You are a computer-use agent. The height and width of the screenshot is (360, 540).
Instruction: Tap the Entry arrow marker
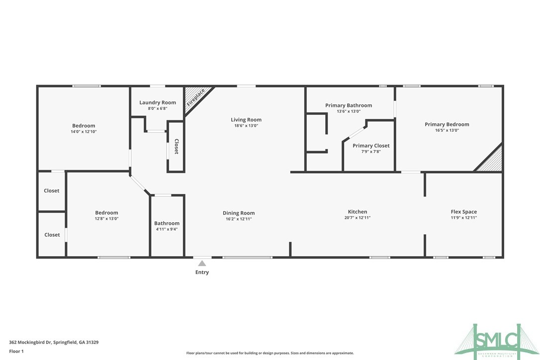click(202, 264)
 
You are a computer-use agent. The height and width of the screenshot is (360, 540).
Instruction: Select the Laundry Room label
click(158, 102)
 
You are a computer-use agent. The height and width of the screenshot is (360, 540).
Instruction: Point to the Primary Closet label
click(371, 146)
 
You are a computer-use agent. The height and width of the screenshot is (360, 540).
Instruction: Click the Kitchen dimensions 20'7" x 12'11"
click(357, 218)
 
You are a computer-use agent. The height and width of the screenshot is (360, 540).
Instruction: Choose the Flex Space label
click(463, 212)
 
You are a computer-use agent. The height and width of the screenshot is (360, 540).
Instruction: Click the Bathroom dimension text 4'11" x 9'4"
click(167, 229)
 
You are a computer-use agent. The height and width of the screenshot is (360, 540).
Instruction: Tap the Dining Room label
click(239, 213)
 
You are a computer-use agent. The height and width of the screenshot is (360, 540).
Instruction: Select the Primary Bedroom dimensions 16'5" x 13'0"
click(447, 130)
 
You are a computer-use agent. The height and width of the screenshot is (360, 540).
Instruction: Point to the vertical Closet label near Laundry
click(176, 147)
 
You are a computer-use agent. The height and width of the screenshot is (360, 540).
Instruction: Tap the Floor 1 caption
click(16, 351)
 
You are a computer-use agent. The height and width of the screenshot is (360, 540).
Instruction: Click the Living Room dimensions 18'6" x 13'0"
click(246, 126)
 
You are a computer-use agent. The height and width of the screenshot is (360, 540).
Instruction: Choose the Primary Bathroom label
click(348, 105)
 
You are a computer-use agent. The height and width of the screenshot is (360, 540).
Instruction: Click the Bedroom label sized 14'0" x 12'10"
click(84, 126)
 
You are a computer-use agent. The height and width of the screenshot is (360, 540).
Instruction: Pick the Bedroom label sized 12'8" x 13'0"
click(107, 213)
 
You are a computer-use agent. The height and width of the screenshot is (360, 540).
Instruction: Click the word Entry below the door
click(202, 272)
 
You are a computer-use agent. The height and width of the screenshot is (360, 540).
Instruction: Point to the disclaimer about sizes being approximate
click(270, 353)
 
